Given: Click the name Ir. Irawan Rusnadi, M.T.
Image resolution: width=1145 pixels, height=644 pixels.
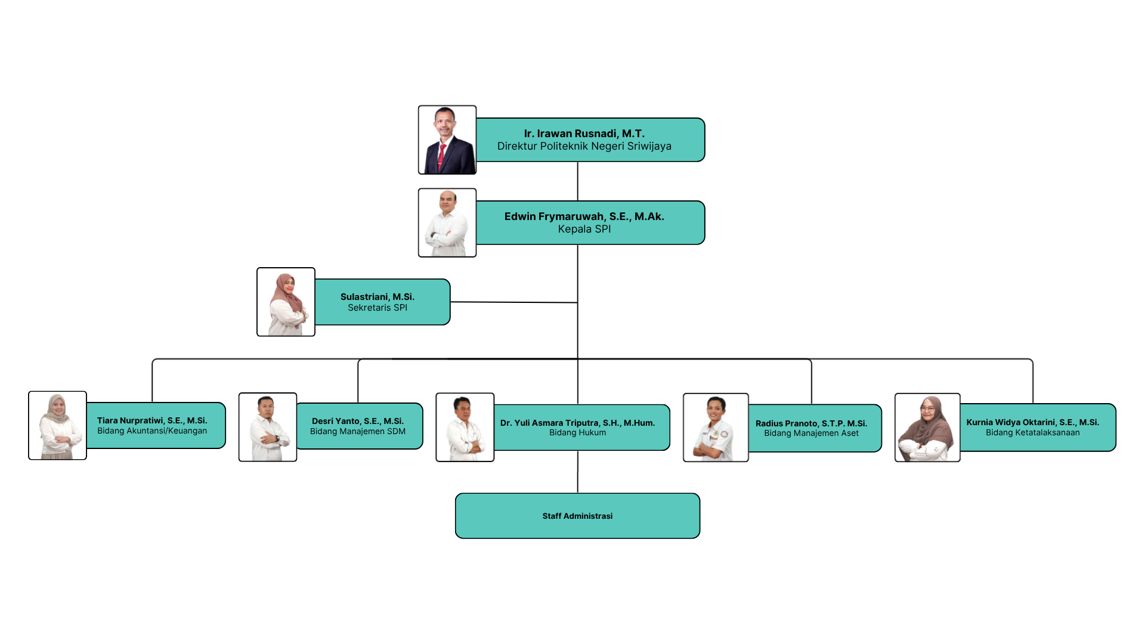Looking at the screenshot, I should pos(584,134).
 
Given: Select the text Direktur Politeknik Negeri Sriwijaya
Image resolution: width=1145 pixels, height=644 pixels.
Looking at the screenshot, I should pos(584,147).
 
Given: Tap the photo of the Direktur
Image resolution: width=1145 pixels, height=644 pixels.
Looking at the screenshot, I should pos(447,140).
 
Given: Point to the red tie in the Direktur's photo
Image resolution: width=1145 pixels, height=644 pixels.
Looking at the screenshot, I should pos(442,156).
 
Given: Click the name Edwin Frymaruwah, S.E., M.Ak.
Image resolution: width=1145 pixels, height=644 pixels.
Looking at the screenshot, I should pos(584,216).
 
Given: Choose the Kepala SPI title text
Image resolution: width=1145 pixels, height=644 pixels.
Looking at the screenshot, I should pos(584,230).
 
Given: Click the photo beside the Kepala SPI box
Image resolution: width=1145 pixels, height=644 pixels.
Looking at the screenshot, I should pos(447,223).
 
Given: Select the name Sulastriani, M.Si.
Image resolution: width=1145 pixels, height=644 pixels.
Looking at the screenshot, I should pos(377,297).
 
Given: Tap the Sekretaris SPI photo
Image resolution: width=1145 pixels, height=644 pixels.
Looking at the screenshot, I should pos(286,302).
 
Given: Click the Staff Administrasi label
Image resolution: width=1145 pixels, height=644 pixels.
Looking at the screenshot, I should pos(577,516).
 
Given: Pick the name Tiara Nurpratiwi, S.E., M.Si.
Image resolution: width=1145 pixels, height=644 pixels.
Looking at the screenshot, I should pos(152,420).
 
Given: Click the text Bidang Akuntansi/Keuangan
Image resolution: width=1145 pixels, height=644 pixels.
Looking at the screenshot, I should pos(152,431).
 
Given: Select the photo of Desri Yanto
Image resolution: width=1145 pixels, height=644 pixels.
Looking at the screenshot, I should pos(268,427).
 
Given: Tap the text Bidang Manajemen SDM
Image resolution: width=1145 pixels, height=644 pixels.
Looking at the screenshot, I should pos(357,432).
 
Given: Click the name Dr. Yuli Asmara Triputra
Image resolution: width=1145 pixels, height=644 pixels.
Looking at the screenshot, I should pos(577,423).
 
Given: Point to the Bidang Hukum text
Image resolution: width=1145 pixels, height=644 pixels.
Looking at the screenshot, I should pos(577,433).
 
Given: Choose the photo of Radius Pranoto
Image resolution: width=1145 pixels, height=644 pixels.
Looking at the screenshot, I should pos(716,428).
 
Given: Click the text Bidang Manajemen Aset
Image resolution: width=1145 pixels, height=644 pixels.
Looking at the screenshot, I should pos(811,434).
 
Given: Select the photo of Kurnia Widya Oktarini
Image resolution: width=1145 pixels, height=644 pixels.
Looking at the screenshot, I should pos(927,428).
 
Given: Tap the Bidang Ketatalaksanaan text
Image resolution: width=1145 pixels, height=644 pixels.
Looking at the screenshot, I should pos(1032,433).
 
